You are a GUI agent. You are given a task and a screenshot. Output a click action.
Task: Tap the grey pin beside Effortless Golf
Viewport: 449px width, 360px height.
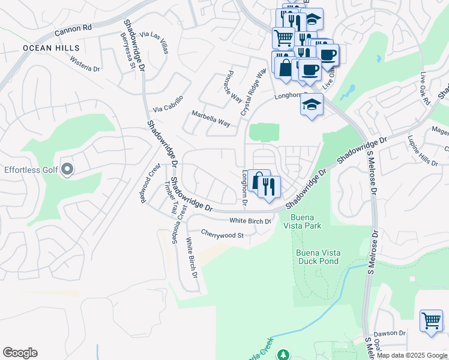pos(67,170)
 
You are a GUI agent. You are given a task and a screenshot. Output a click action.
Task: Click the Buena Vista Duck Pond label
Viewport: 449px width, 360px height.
pos(318,257)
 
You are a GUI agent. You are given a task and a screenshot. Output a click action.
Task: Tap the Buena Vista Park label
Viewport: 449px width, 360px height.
pos(306,221)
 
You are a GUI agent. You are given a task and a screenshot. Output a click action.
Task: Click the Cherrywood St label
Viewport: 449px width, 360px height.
pos(222,234)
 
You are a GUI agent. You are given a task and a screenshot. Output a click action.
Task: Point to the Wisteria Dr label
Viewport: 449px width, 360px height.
pos(85,64)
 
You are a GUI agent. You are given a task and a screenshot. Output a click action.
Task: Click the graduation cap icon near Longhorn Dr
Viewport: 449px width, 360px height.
pos(312,105)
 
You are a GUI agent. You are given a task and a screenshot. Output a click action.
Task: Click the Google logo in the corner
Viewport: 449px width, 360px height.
pos(20,353)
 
